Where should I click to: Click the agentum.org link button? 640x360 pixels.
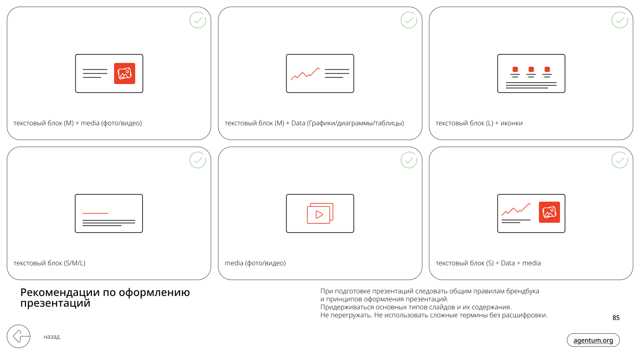click(x=593, y=340)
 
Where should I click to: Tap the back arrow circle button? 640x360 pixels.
click(x=19, y=336)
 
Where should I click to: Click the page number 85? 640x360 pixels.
click(x=616, y=318)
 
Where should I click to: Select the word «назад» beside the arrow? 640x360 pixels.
click(x=52, y=337)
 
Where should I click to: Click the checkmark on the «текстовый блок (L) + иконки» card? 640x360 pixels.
click(x=620, y=20)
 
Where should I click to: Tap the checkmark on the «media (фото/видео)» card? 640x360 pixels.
click(x=409, y=160)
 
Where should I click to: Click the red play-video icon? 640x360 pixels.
click(x=320, y=213)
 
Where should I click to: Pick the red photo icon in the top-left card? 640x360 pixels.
click(x=125, y=73)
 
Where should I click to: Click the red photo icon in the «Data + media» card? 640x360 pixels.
click(x=549, y=212)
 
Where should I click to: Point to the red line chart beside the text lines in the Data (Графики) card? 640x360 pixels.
click(x=305, y=74)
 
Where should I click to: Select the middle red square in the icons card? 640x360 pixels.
click(x=531, y=69)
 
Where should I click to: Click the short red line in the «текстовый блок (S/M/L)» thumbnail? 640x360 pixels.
click(x=95, y=213)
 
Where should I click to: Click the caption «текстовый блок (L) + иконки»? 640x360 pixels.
click(x=479, y=123)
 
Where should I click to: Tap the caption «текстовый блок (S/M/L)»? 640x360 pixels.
click(x=49, y=263)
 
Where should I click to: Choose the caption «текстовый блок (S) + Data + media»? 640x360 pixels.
click(x=488, y=263)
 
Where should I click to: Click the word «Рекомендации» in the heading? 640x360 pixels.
click(x=60, y=292)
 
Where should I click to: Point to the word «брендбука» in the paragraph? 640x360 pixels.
click(x=522, y=291)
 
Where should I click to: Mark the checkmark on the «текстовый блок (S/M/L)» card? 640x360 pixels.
click(x=198, y=160)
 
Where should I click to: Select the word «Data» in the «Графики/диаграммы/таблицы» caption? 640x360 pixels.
click(x=298, y=123)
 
